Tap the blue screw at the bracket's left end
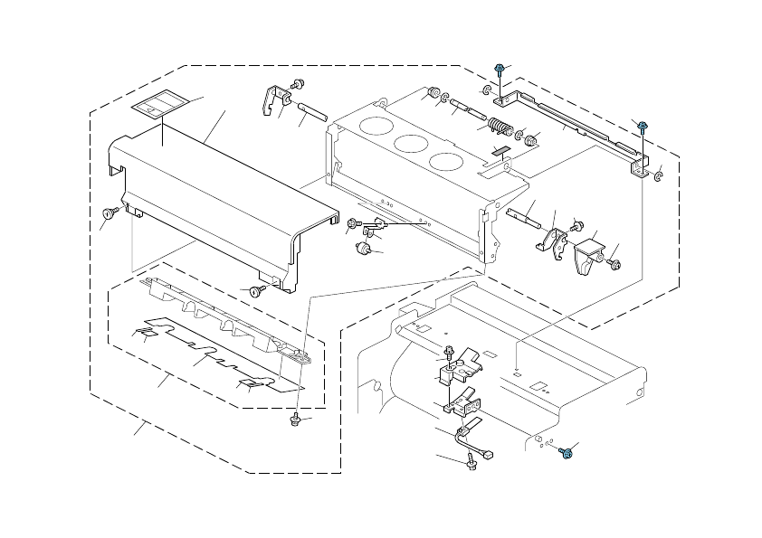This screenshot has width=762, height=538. pos(499,69)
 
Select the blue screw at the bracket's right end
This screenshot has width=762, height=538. pos(643,127)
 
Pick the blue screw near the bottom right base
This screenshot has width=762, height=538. pos(566,454)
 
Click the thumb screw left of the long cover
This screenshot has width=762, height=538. pos(110,213)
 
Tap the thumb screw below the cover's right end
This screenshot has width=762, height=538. pos(258,290)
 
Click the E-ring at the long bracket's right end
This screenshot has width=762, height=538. pos(659,175)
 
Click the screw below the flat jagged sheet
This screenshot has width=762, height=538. pos(295,420)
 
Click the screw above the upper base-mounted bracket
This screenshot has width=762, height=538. pos(449,352)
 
